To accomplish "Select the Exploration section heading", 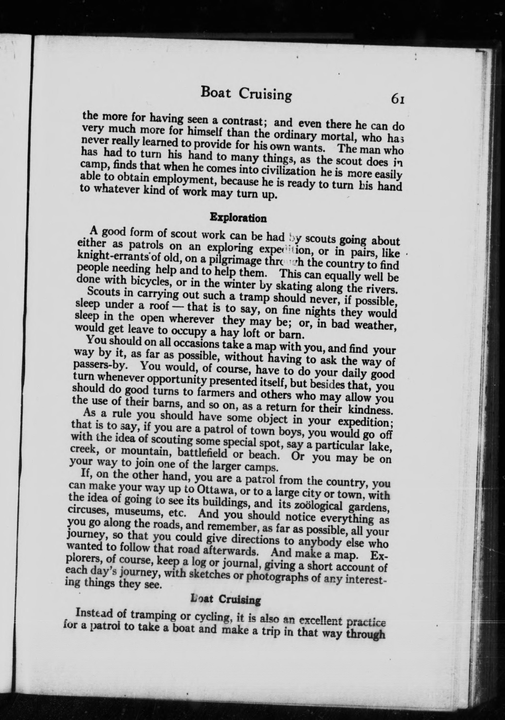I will pos(238,218).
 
